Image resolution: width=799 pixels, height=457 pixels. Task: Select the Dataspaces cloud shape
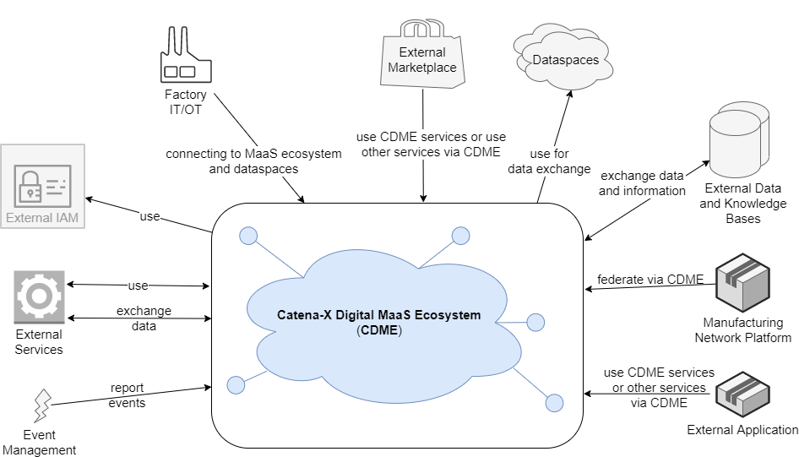565,59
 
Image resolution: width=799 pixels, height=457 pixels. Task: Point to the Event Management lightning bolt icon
40,406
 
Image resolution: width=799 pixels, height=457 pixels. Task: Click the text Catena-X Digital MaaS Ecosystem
378,315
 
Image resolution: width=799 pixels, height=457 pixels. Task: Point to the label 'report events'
128,395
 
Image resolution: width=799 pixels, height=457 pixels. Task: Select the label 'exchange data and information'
642,183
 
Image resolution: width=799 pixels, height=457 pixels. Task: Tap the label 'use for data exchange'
549,161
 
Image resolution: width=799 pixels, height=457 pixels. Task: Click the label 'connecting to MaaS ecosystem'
253,154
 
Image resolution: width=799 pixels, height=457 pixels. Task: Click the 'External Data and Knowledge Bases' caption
743,204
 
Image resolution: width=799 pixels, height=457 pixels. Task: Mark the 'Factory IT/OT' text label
184,102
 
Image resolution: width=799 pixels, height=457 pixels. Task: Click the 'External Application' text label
742,430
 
